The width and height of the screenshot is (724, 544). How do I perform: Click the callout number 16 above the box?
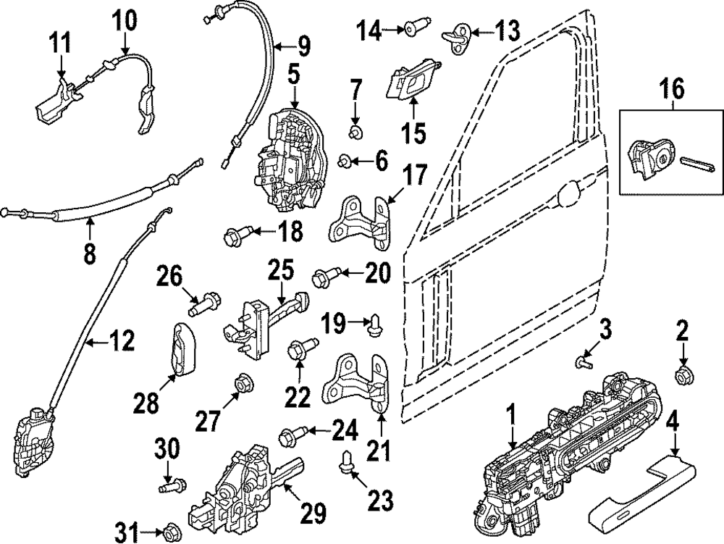coord(671,90)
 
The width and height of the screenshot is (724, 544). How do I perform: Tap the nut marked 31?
coord(172,528)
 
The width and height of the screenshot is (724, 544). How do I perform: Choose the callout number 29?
coord(310,513)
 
